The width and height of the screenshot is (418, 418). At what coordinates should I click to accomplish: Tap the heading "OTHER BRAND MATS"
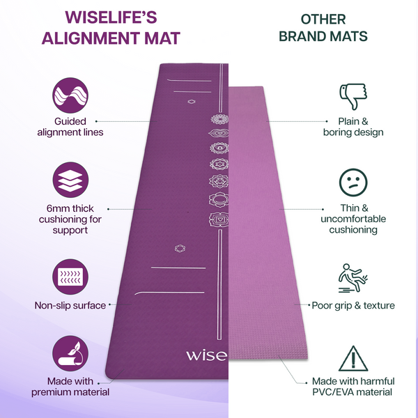coord(323,27)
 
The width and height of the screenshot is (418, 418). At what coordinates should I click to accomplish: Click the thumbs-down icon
coord(353,97)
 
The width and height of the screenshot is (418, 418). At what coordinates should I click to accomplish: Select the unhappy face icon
coord(353,183)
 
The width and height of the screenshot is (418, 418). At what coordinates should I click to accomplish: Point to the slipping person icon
coord(353,277)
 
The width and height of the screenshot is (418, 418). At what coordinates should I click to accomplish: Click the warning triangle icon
coord(353,359)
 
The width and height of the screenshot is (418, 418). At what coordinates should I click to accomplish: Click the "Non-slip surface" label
coord(70,305)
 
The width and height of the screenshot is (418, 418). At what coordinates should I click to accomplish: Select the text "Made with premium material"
coord(70,386)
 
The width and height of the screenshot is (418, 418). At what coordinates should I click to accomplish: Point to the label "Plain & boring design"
coord(353,126)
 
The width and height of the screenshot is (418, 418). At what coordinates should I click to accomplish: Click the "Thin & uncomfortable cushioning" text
coord(353,219)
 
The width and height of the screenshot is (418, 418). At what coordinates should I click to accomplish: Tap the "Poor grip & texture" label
coord(353,305)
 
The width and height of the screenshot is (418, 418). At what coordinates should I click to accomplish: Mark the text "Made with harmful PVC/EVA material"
coord(353,386)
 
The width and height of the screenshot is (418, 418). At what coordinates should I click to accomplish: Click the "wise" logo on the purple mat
coord(206,355)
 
